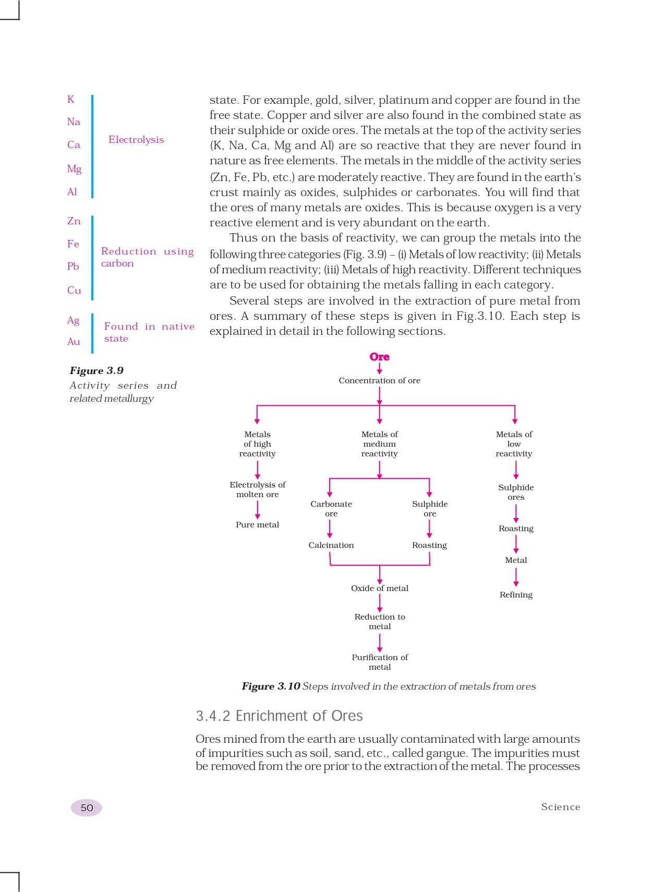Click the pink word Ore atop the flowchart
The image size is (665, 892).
point(379,357)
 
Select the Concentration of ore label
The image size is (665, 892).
point(379,380)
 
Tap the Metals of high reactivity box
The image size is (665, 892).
point(257,444)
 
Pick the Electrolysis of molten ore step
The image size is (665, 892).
point(257,489)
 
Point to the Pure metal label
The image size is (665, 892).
point(257,525)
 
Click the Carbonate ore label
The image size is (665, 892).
point(331,509)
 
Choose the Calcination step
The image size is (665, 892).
point(331,545)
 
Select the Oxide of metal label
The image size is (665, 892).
point(379,588)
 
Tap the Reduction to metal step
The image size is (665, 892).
point(379,621)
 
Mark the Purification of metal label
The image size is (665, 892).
point(379,662)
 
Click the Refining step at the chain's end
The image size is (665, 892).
point(516,595)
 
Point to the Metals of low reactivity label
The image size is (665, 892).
point(514,444)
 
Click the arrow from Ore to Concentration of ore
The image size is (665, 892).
point(379,369)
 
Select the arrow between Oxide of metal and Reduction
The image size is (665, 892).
point(379,602)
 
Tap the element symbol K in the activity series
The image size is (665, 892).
point(71,99)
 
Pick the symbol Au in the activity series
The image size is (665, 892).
point(74,342)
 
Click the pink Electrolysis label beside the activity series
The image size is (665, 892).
point(136,140)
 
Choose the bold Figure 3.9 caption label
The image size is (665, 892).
point(96,370)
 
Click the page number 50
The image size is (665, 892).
point(87,807)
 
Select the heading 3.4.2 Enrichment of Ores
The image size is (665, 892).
point(279,716)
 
